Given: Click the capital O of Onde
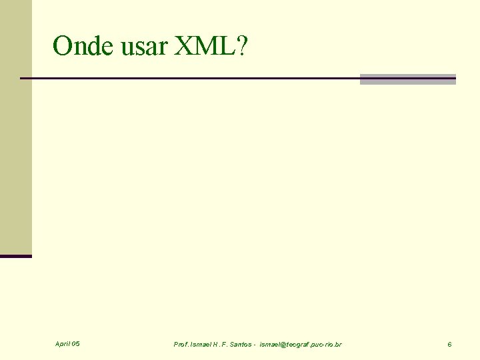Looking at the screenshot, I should pyautogui.click(x=63, y=46).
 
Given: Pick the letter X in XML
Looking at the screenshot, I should pyautogui.click(x=183, y=46).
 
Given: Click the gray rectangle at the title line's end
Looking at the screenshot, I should pyautogui.click(x=407, y=79).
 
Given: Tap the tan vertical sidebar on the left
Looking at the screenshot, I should pyautogui.click(x=15, y=127).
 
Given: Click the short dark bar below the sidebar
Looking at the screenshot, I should pyautogui.click(x=15, y=256).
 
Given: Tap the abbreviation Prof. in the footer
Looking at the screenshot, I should pyautogui.click(x=181, y=345).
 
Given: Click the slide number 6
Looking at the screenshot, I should pyautogui.click(x=449, y=345).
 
